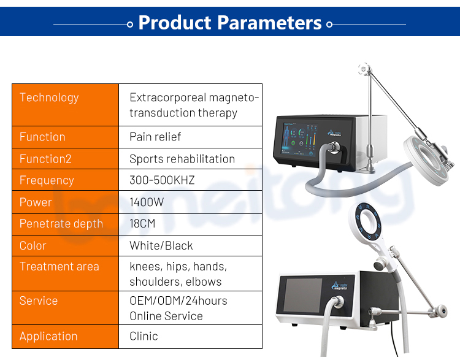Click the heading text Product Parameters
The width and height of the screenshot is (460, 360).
point(230,23)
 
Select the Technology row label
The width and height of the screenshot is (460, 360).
point(49,98)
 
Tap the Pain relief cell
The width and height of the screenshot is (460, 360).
point(155,137)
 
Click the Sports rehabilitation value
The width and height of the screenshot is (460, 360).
point(182,159)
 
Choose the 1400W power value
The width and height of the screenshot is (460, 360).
point(146,202)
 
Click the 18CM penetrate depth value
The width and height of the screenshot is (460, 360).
point(142,224)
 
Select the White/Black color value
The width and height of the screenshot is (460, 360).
point(161,246)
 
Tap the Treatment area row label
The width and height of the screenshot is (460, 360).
point(59,267)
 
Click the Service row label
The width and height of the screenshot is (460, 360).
point(39,301)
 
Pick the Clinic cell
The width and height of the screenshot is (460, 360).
point(144,336)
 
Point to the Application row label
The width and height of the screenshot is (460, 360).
point(48,336)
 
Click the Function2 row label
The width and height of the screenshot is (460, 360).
point(45,159)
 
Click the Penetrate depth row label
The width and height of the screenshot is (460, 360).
point(61,224)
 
